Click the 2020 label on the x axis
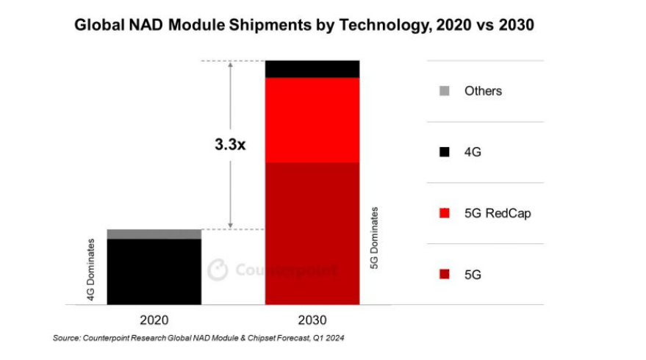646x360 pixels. pos(154,320)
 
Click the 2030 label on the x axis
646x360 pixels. pos(312,320)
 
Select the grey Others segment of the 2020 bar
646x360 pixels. pos(154,234)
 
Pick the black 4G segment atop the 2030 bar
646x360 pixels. pos(312,68)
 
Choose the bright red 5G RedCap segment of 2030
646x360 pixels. pos(312,119)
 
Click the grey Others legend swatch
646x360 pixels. pos(443,91)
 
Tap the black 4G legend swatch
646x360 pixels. pos(443,152)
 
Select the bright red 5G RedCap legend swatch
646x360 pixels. pos(443,213)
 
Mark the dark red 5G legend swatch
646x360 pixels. pos(443,274)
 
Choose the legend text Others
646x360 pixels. pos(483,91)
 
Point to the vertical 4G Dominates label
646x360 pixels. pos(92,270)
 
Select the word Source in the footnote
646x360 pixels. pos(67,339)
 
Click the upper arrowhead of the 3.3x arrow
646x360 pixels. pos(231,65)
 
